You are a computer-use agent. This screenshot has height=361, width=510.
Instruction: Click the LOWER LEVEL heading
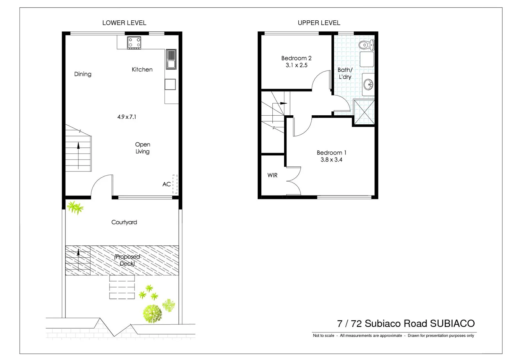[124, 23]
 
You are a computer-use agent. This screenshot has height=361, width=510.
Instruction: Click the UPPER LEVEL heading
[319, 23]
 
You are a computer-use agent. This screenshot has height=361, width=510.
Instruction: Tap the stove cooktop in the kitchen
[134, 43]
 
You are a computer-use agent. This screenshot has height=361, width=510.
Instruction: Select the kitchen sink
[171, 59]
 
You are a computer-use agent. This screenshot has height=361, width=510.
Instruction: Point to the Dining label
[83, 74]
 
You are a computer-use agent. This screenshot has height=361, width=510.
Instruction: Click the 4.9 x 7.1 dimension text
[126, 117]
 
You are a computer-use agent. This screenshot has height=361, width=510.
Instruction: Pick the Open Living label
[143, 148]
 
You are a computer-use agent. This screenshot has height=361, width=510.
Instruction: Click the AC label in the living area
[167, 184]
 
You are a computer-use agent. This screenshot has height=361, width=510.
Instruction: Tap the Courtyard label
[124, 222]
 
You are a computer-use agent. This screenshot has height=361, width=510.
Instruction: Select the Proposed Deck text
[127, 260]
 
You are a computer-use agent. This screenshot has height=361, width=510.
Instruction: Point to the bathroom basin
[368, 84]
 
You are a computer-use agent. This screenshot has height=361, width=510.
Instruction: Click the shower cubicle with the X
[364, 112]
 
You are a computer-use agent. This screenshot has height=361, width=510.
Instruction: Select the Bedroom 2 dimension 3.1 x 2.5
[296, 65]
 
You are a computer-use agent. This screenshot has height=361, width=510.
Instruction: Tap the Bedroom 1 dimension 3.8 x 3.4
[331, 160]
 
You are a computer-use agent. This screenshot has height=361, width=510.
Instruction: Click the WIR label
[272, 175]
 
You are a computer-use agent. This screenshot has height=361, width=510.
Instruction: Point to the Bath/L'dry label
[345, 73]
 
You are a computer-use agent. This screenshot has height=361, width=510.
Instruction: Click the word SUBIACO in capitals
[452, 324]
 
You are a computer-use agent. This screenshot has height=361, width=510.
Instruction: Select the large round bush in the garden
[153, 314]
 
